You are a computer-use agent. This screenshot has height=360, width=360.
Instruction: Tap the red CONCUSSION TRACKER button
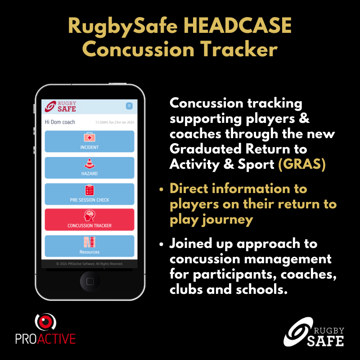[90, 220]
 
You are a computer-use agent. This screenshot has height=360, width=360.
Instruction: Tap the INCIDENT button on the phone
[90, 141]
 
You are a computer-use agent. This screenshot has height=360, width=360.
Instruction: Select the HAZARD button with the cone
[90, 167]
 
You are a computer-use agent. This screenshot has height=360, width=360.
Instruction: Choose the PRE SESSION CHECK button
[90, 194]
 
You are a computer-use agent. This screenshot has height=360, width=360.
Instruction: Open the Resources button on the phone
[90, 246]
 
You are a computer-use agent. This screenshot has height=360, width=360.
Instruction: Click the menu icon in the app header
[129, 106]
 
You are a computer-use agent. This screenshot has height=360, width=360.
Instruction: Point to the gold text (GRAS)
[301, 164]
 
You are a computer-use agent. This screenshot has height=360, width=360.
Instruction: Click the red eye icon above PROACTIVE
[45, 320]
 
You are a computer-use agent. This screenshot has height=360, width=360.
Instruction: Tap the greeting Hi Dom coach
[60, 122]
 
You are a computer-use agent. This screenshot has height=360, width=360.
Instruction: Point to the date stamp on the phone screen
[115, 122]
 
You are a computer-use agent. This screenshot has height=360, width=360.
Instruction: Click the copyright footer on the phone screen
[90, 264]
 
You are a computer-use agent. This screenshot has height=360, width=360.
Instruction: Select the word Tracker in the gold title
[241, 49]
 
